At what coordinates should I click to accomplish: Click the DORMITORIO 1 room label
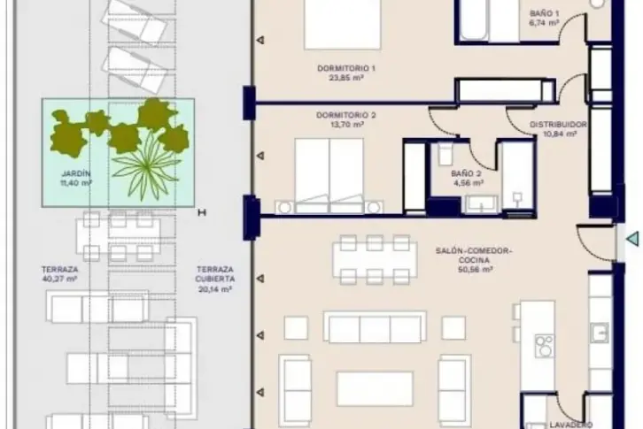[x=346, y=68]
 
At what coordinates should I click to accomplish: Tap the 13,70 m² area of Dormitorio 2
[x=347, y=125]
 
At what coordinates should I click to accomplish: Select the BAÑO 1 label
[x=544, y=13]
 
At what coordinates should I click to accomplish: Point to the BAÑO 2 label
[x=466, y=173]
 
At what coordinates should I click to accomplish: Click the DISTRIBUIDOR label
[x=558, y=125]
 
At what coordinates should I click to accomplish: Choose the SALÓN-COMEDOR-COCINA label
[x=474, y=256]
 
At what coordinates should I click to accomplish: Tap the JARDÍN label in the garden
[x=75, y=173]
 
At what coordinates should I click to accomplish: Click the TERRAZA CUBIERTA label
[x=215, y=274]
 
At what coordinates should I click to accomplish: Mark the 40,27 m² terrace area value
[x=60, y=280]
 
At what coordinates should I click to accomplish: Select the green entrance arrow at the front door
[x=632, y=239]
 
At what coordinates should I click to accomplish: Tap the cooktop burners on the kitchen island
[x=545, y=346]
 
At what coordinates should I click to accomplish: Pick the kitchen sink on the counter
[x=600, y=333]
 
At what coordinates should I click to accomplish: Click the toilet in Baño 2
[x=445, y=154]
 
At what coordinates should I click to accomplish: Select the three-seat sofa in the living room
[x=375, y=326]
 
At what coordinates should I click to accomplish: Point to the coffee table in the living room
[x=375, y=389]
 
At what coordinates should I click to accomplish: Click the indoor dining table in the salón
[x=375, y=260]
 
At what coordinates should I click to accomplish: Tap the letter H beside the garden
[x=202, y=212]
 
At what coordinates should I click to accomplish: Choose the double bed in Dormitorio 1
[x=343, y=25]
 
